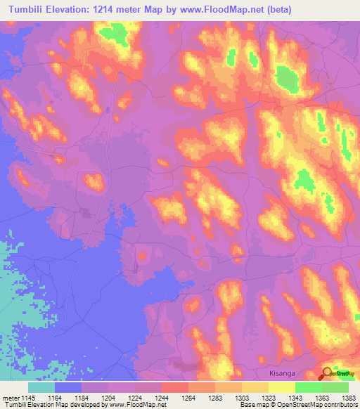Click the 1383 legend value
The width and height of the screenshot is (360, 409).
349,398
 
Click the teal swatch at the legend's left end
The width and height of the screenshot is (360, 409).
41,387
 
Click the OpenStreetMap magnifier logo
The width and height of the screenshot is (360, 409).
328,373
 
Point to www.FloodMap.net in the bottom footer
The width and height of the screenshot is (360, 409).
137,405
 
